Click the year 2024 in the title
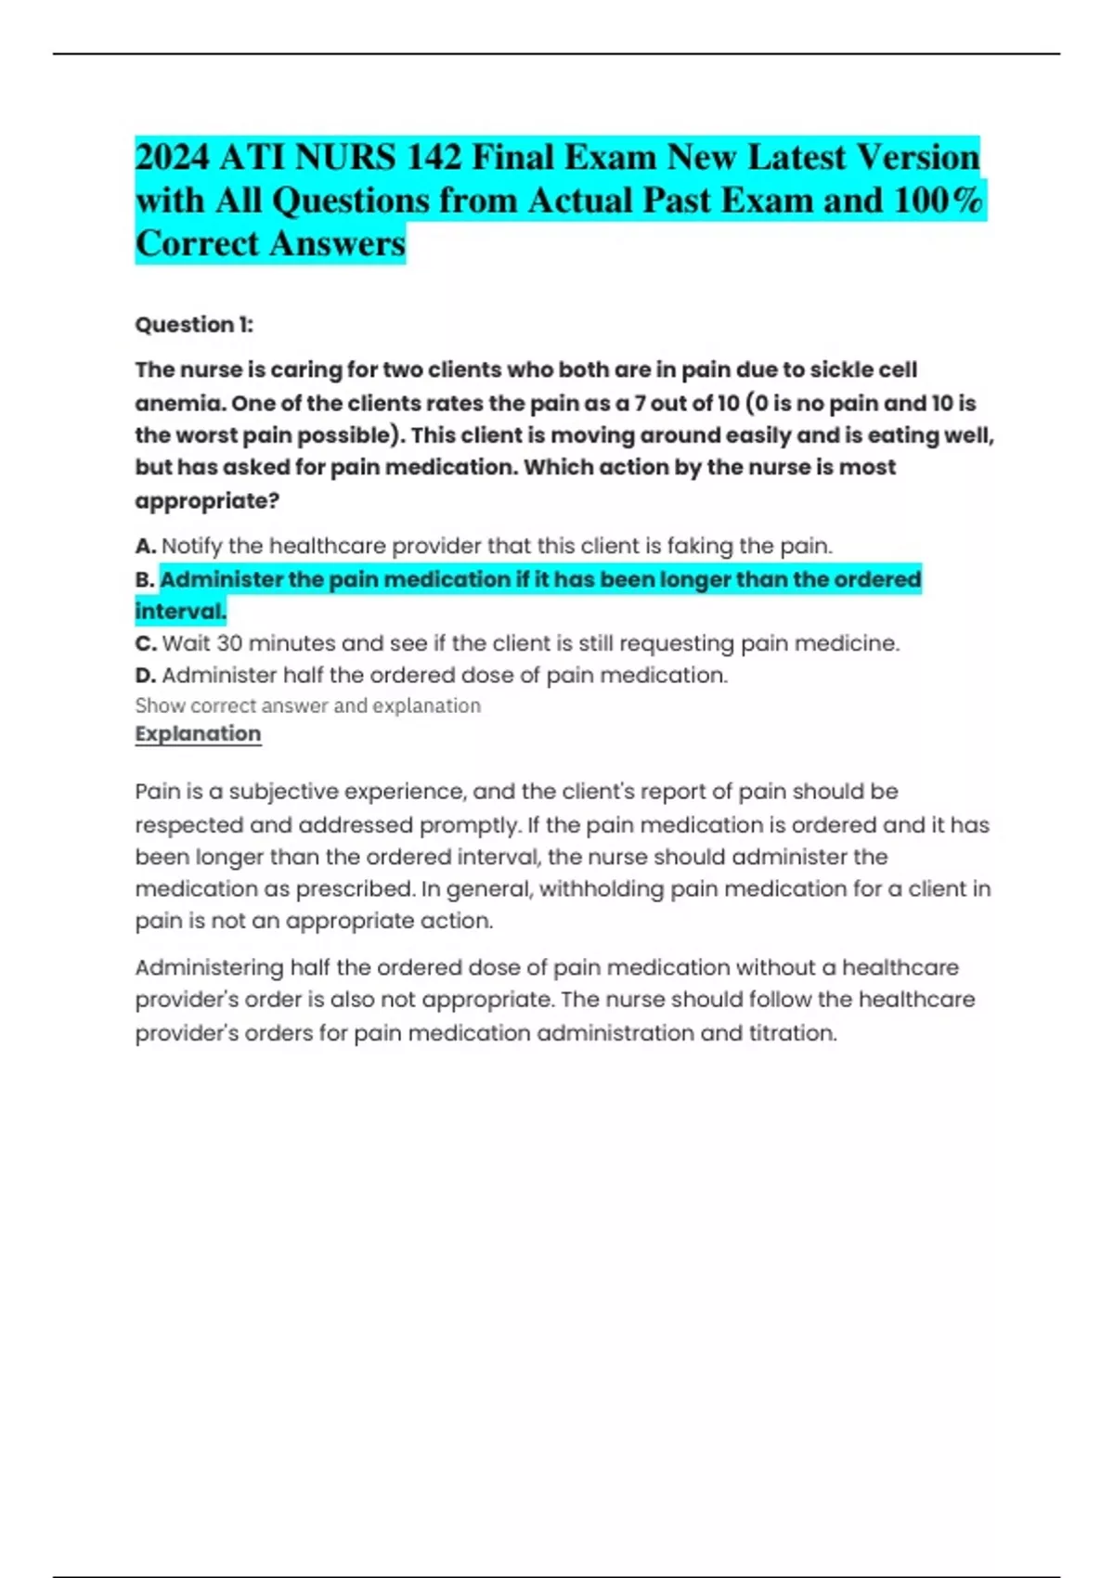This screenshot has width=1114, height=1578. point(172,158)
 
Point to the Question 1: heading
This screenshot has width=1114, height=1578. point(194,325)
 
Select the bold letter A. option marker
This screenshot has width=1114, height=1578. point(145,546)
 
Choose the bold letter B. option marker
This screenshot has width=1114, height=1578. point(145,580)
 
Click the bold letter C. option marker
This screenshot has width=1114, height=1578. point(145,643)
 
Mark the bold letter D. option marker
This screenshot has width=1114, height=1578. point(145,675)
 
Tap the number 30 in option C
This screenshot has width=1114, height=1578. point(228,643)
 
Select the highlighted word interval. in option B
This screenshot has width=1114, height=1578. point(181,612)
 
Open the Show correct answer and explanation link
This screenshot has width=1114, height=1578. point(307,705)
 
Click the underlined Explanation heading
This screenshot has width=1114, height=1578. point(198,733)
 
